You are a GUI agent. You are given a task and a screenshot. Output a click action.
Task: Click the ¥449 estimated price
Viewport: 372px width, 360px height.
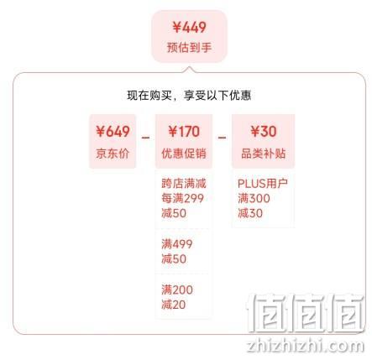point(189,28)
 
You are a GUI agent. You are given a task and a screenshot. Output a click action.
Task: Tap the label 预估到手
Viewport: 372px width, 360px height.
point(189,47)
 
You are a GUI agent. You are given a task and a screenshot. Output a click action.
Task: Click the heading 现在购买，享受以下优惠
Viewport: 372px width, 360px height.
point(189,96)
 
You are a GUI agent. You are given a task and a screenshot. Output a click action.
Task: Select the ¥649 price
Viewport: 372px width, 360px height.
point(113,132)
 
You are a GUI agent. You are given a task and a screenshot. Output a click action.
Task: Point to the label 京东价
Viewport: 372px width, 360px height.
point(113,154)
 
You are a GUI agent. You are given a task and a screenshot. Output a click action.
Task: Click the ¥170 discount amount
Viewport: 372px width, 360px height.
point(184,132)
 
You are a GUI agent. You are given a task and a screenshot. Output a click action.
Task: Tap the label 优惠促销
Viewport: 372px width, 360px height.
point(184,154)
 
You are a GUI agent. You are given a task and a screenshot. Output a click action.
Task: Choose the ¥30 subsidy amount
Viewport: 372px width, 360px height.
point(264,132)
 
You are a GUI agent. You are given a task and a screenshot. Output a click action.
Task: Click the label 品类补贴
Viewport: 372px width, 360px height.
point(264,154)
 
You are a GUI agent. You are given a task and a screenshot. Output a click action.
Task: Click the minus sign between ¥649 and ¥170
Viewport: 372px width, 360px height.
point(145,138)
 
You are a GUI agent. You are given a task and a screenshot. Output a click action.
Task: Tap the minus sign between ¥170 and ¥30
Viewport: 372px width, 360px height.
point(222,138)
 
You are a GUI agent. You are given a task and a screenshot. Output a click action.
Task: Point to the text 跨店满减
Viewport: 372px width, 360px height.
point(184,184)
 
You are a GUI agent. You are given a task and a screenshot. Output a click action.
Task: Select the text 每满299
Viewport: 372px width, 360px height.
point(182,199)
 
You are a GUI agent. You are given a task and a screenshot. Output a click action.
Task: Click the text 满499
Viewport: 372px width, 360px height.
point(177,244)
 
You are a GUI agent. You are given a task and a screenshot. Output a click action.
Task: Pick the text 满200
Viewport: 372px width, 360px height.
point(177,290)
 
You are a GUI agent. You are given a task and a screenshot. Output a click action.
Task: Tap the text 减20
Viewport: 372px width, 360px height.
point(174,305)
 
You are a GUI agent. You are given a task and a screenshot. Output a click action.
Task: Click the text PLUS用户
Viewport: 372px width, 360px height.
point(263,184)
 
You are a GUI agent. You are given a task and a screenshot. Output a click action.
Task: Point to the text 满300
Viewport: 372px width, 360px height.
point(254,199)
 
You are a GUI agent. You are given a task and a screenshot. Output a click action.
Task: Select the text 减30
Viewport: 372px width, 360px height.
point(250,213)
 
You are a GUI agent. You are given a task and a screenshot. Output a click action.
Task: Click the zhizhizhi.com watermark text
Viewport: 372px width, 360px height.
point(306,347)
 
